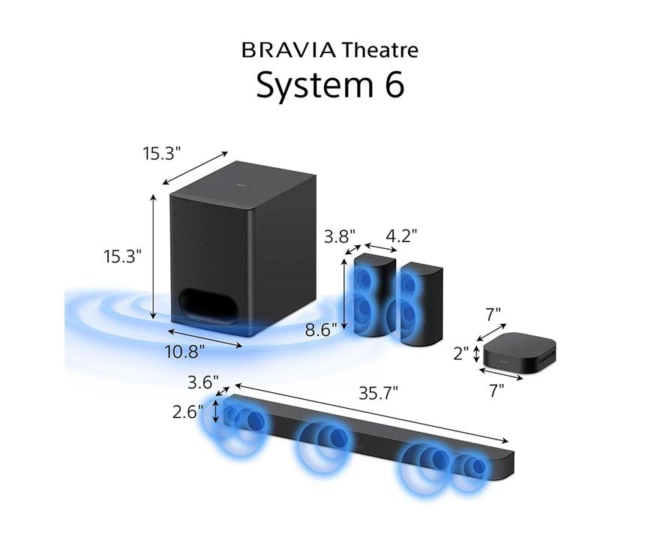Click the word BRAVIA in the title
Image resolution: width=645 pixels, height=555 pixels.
(288, 51)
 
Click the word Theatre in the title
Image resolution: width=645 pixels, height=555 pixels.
(379, 51)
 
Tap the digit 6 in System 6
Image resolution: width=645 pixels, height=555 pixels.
(391, 85)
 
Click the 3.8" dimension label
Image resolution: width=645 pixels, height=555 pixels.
(339, 236)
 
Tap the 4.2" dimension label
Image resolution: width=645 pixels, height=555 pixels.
(400, 236)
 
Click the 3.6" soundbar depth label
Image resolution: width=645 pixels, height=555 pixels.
(203, 381)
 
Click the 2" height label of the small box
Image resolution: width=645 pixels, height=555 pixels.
(460, 352)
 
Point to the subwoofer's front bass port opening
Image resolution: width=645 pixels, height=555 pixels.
(211, 304)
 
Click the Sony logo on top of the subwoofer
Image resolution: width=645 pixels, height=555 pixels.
(241, 182)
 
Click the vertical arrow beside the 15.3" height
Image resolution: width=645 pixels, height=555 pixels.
(154, 256)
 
